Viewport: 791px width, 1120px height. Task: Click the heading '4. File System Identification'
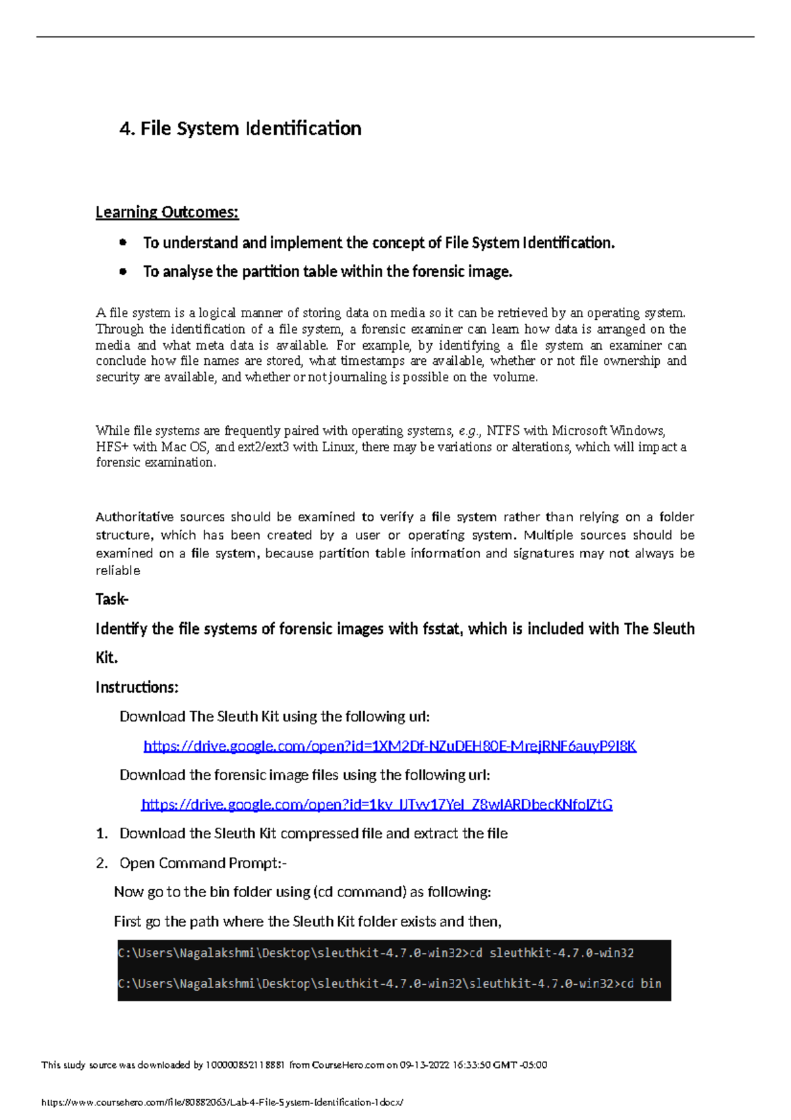click(240, 128)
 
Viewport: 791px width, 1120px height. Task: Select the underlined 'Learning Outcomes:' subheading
click(167, 212)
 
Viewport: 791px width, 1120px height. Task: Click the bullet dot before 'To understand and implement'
click(123, 243)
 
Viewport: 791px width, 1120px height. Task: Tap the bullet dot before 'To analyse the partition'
click(123, 271)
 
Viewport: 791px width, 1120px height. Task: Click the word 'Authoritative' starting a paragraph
click(134, 516)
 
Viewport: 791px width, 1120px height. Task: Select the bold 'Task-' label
click(112, 599)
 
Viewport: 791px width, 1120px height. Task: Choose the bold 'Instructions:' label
click(136, 687)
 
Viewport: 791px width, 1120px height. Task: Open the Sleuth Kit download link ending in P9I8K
click(390, 746)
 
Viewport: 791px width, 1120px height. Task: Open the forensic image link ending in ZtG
click(376, 804)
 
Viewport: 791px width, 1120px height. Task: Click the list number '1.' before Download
click(102, 834)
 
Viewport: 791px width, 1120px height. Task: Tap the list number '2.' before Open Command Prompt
click(102, 863)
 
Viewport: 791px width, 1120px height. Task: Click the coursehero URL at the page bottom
click(221, 1102)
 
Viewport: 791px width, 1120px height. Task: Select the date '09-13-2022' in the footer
click(425, 1065)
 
